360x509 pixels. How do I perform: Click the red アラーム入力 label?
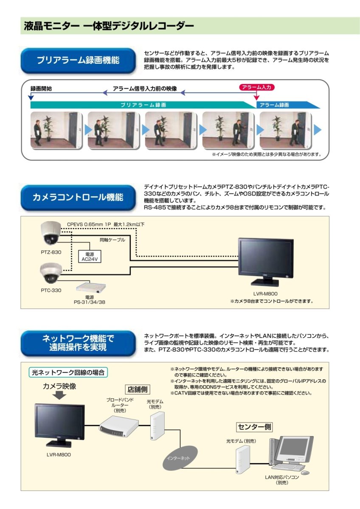point(256,87)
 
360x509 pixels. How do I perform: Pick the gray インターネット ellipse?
point(178,458)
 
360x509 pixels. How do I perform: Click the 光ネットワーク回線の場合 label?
point(68,373)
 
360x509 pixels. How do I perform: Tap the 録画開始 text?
point(41,89)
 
